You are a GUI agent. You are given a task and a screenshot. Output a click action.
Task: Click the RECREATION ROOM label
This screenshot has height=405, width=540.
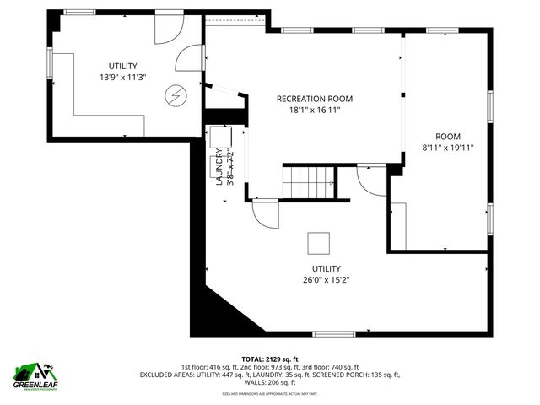pyautogui.click(x=315, y=99)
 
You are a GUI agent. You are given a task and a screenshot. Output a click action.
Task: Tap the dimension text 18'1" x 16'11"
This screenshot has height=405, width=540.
pyautogui.click(x=315, y=110)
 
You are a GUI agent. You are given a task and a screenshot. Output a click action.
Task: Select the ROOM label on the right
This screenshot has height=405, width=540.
pyautogui.click(x=448, y=137)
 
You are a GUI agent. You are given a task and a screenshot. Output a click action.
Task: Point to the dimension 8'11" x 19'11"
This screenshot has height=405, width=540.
pyautogui.click(x=448, y=148)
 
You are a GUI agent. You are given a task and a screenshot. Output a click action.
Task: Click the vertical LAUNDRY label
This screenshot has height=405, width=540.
pyautogui.click(x=219, y=167)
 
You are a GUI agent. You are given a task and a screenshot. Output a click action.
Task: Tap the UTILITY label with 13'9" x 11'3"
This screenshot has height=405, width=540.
pyautogui.click(x=122, y=66)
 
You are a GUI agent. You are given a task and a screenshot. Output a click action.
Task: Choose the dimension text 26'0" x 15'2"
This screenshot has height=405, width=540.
pyautogui.click(x=315, y=280)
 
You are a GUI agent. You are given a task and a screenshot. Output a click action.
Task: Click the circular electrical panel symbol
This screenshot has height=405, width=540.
pyautogui.click(x=175, y=95)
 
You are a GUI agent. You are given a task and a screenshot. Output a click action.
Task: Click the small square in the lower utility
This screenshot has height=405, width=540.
pyautogui.click(x=319, y=243)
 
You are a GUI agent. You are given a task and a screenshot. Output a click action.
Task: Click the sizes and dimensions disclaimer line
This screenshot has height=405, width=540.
pyautogui.click(x=269, y=393)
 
